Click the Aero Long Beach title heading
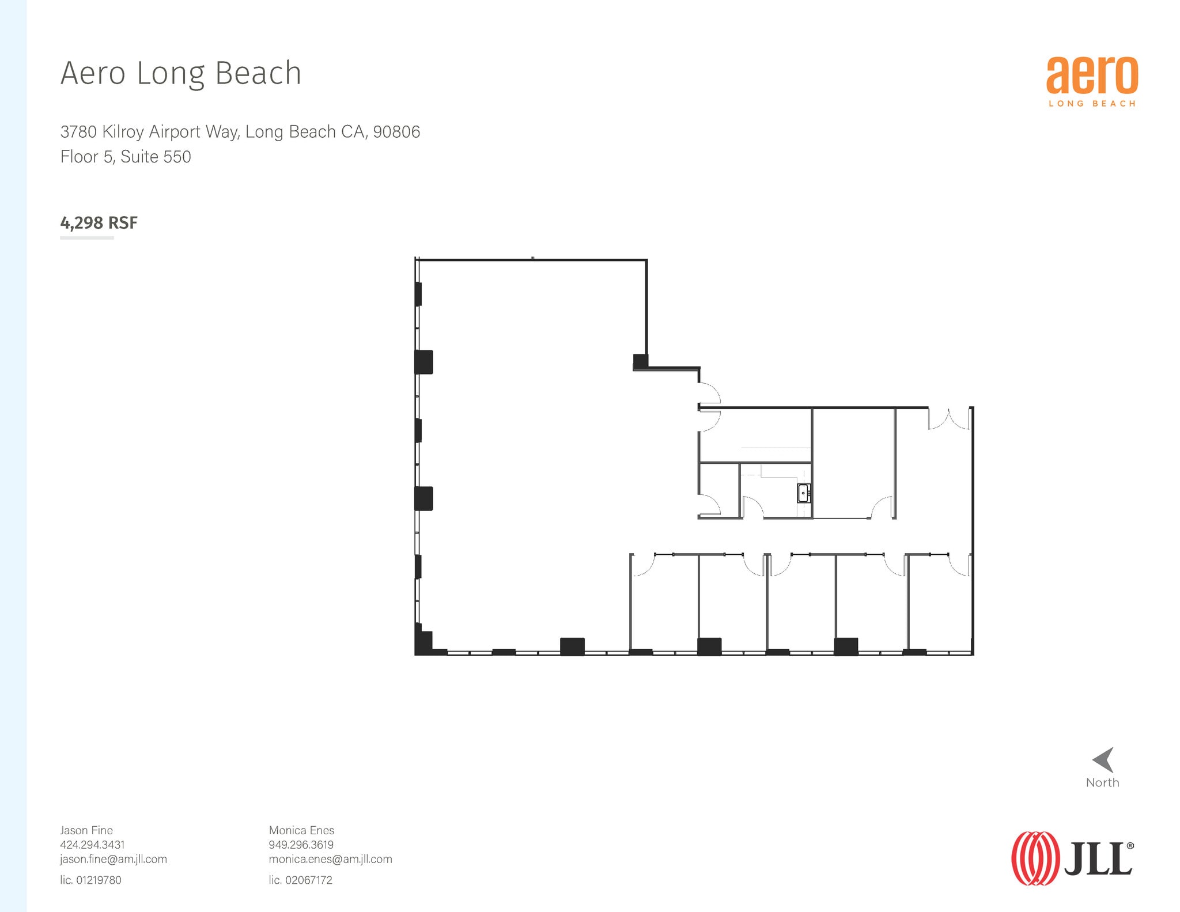coord(181,73)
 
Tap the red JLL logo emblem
coord(1035,858)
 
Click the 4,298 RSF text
coord(99,223)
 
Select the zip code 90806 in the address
coord(396,132)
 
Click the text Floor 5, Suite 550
coord(126,157)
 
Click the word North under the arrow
coord(1102,782)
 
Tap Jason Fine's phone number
coord(92,845)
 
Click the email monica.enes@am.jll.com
coord(330,859)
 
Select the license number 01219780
coord(99,880)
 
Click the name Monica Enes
coord(301,830)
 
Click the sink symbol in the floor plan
coord(803,493)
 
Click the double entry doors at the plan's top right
coord(948,419)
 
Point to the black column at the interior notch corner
coord(640,361)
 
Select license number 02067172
coord(308,880)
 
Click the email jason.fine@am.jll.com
coord(114,859)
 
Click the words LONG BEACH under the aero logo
coord(1092,104)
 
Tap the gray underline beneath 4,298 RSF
coord(87,237)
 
